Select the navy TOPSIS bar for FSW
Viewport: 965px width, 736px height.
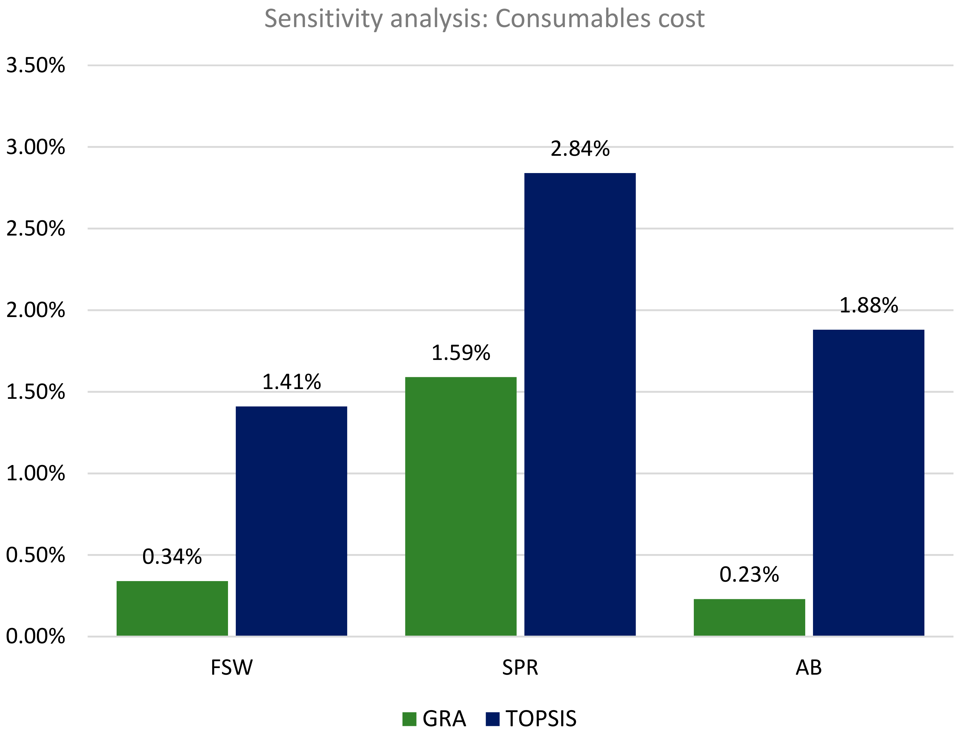pyautogui.click(x=291, y=521)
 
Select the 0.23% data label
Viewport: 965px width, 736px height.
pyautogui.click(x=749, y=575)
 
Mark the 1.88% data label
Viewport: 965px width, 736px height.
pyautogui.click(x=868, y=305)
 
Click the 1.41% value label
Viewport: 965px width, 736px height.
pyautogui.click(x=291, y=382)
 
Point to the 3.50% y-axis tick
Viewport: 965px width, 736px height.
pyautogui.click(x=35, y=66)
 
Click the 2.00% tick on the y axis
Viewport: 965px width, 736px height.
pyautogui.click(x=35, y=310)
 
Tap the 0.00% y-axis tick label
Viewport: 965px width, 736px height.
pyautogui.click(x=35, y=637)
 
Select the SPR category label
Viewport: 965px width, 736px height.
pyautogui.click(x=520, y=668)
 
